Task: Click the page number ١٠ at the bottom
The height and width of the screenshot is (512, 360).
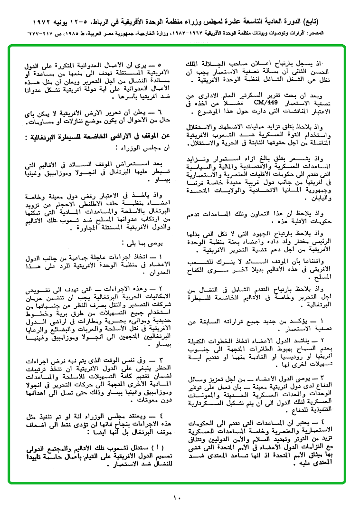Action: (177, 497)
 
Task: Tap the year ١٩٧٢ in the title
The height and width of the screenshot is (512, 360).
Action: (43, 22)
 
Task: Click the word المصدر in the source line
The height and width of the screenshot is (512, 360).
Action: (326, 34)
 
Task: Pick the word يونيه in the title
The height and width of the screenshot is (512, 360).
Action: (67, 22)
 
